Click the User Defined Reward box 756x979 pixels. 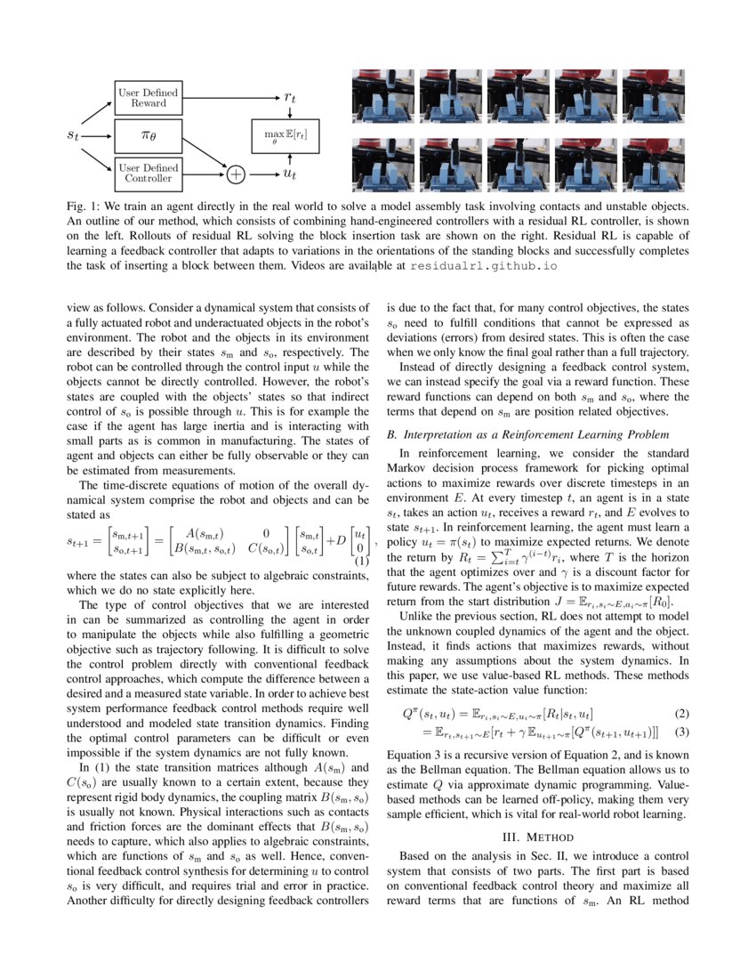coord(148,98)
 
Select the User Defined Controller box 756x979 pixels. coord(148,173)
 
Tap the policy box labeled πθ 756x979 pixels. coord(148,136)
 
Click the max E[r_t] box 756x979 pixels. coord(286,136)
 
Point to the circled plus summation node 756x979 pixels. coord(236,174)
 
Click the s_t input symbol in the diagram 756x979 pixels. coord(78,136)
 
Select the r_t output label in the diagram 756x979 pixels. coord(290,98)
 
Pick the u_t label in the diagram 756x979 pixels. coord(290,174)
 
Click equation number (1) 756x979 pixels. coord(362,561)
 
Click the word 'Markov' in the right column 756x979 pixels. coord(406,470)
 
